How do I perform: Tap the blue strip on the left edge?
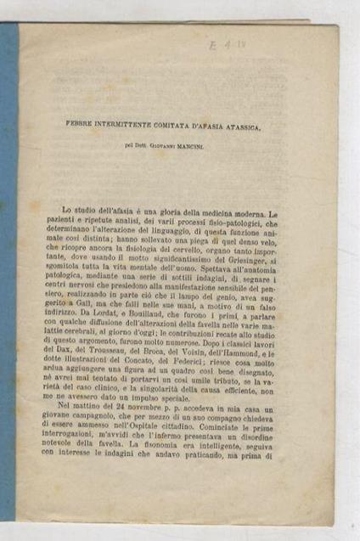8,272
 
